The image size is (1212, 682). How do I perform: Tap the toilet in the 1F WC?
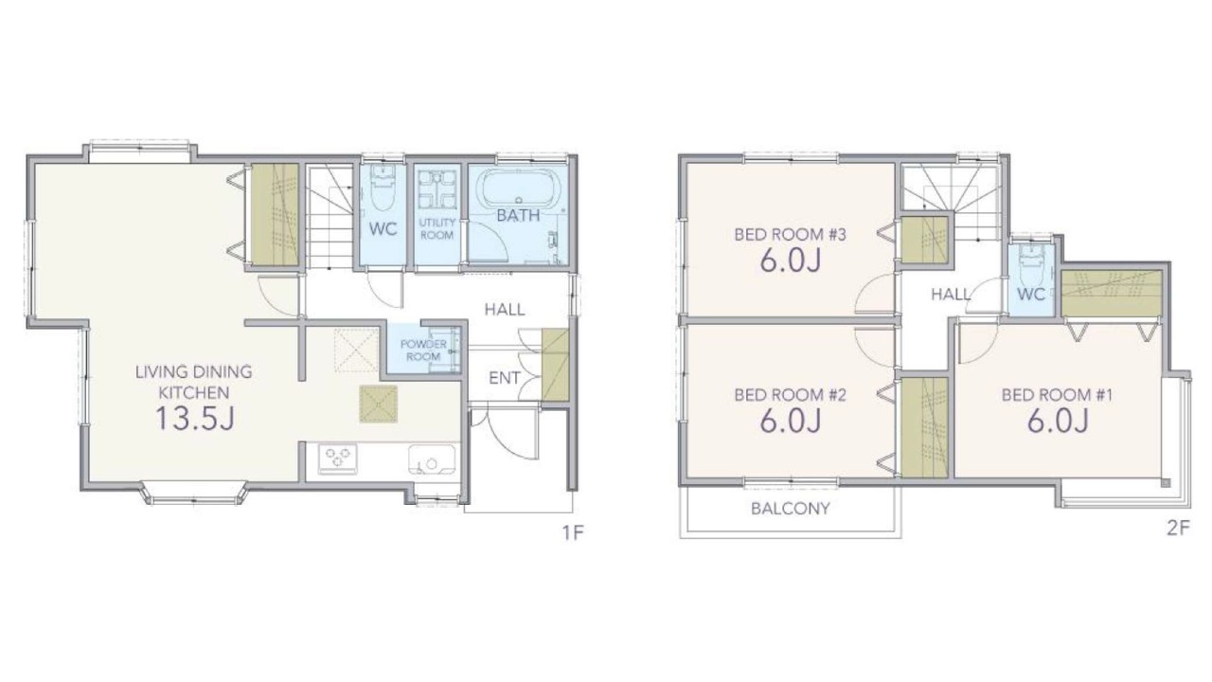click(383, 188)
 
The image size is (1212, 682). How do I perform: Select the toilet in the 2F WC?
click(1029, 263)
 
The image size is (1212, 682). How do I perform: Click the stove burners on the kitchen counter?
click(338, 458)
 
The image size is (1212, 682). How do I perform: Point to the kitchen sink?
click(431, 459)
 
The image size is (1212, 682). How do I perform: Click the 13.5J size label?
click(195, 418)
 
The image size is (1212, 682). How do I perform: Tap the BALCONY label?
click(790, 509)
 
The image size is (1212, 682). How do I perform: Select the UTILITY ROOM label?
click(437, 229)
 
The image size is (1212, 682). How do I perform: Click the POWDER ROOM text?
click(423, 350)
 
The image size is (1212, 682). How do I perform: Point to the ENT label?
click(505, 378)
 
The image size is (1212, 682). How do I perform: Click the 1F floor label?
click(573, 533)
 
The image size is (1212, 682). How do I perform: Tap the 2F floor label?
click(1178, 529)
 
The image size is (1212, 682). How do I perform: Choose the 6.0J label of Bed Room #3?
click(790, 260)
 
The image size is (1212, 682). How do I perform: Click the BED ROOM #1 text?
click(1057, 395)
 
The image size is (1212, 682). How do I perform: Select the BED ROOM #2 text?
click(790, 395)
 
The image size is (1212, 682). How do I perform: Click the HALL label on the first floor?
click(505, 310)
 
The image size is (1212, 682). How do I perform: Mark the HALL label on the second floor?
click(951, 295)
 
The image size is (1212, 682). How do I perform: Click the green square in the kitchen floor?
click(378, 404)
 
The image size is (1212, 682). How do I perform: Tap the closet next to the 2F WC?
click(1112, 293)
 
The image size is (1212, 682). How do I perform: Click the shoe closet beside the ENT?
click(555, 365)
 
